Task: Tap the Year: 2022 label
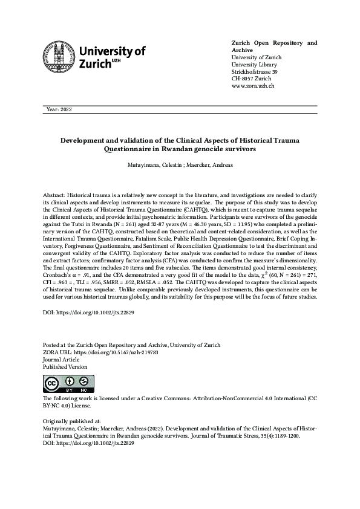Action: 59,109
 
